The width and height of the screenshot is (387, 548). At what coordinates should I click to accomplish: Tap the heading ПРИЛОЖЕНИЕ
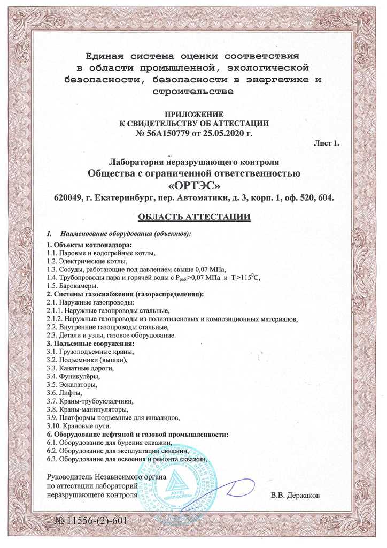[193, 114]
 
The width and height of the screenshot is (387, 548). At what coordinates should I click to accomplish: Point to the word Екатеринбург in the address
[122, 198]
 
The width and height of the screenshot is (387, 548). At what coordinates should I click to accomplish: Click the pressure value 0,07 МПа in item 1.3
[210, 269]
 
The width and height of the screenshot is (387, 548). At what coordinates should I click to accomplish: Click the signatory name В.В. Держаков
[295, 496]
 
